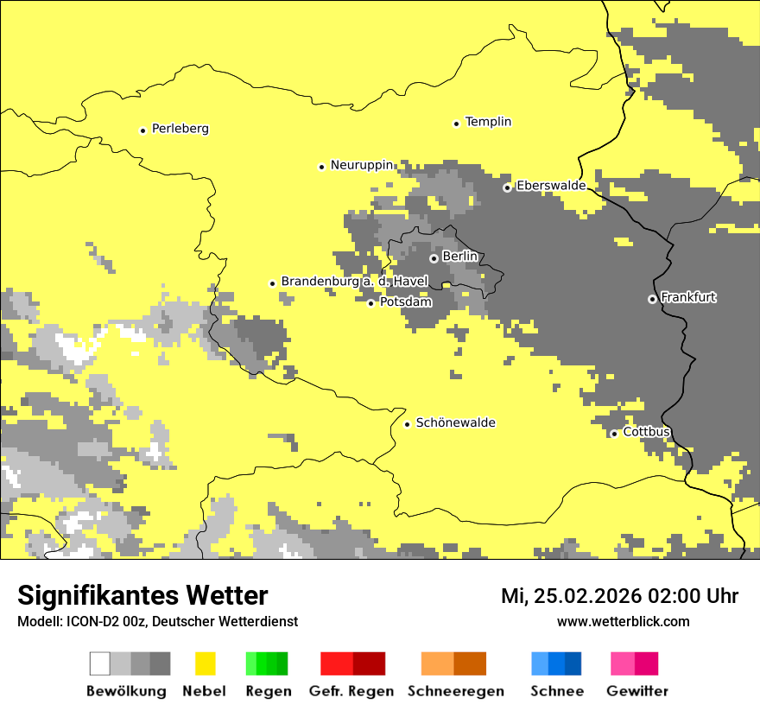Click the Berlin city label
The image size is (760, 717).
tap(459, 257)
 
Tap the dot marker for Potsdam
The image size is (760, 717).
tap(371, 303)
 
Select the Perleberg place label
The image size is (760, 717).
tap(180, 129)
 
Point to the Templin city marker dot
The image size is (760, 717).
tap(457, 124)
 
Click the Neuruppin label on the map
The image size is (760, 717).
tap(362, 165)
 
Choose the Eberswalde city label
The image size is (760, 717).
tap(551, 186)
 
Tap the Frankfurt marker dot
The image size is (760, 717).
tap(652, 299)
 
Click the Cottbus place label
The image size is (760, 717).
tap(646, 432)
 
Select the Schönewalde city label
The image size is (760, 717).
tap(455, 422)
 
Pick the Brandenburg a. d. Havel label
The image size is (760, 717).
tap(354, 282)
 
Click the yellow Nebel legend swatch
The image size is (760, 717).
tap(205, 663)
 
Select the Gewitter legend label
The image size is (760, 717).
tap(637, 691)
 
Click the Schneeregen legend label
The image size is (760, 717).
tap(455, 691)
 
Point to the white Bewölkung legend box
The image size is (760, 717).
tap(100, 663)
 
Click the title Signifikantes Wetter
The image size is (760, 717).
tap(142, 595)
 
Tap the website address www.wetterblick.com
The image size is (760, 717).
tap(623, 621)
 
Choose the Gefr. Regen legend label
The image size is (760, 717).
tap(351, 691)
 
